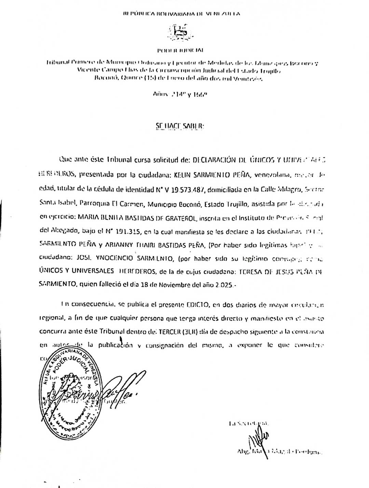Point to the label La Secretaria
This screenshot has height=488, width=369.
[249, 423]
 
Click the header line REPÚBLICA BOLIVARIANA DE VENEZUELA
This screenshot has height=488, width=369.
[181, 14]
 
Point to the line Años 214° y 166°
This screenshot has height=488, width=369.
[180, 93]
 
